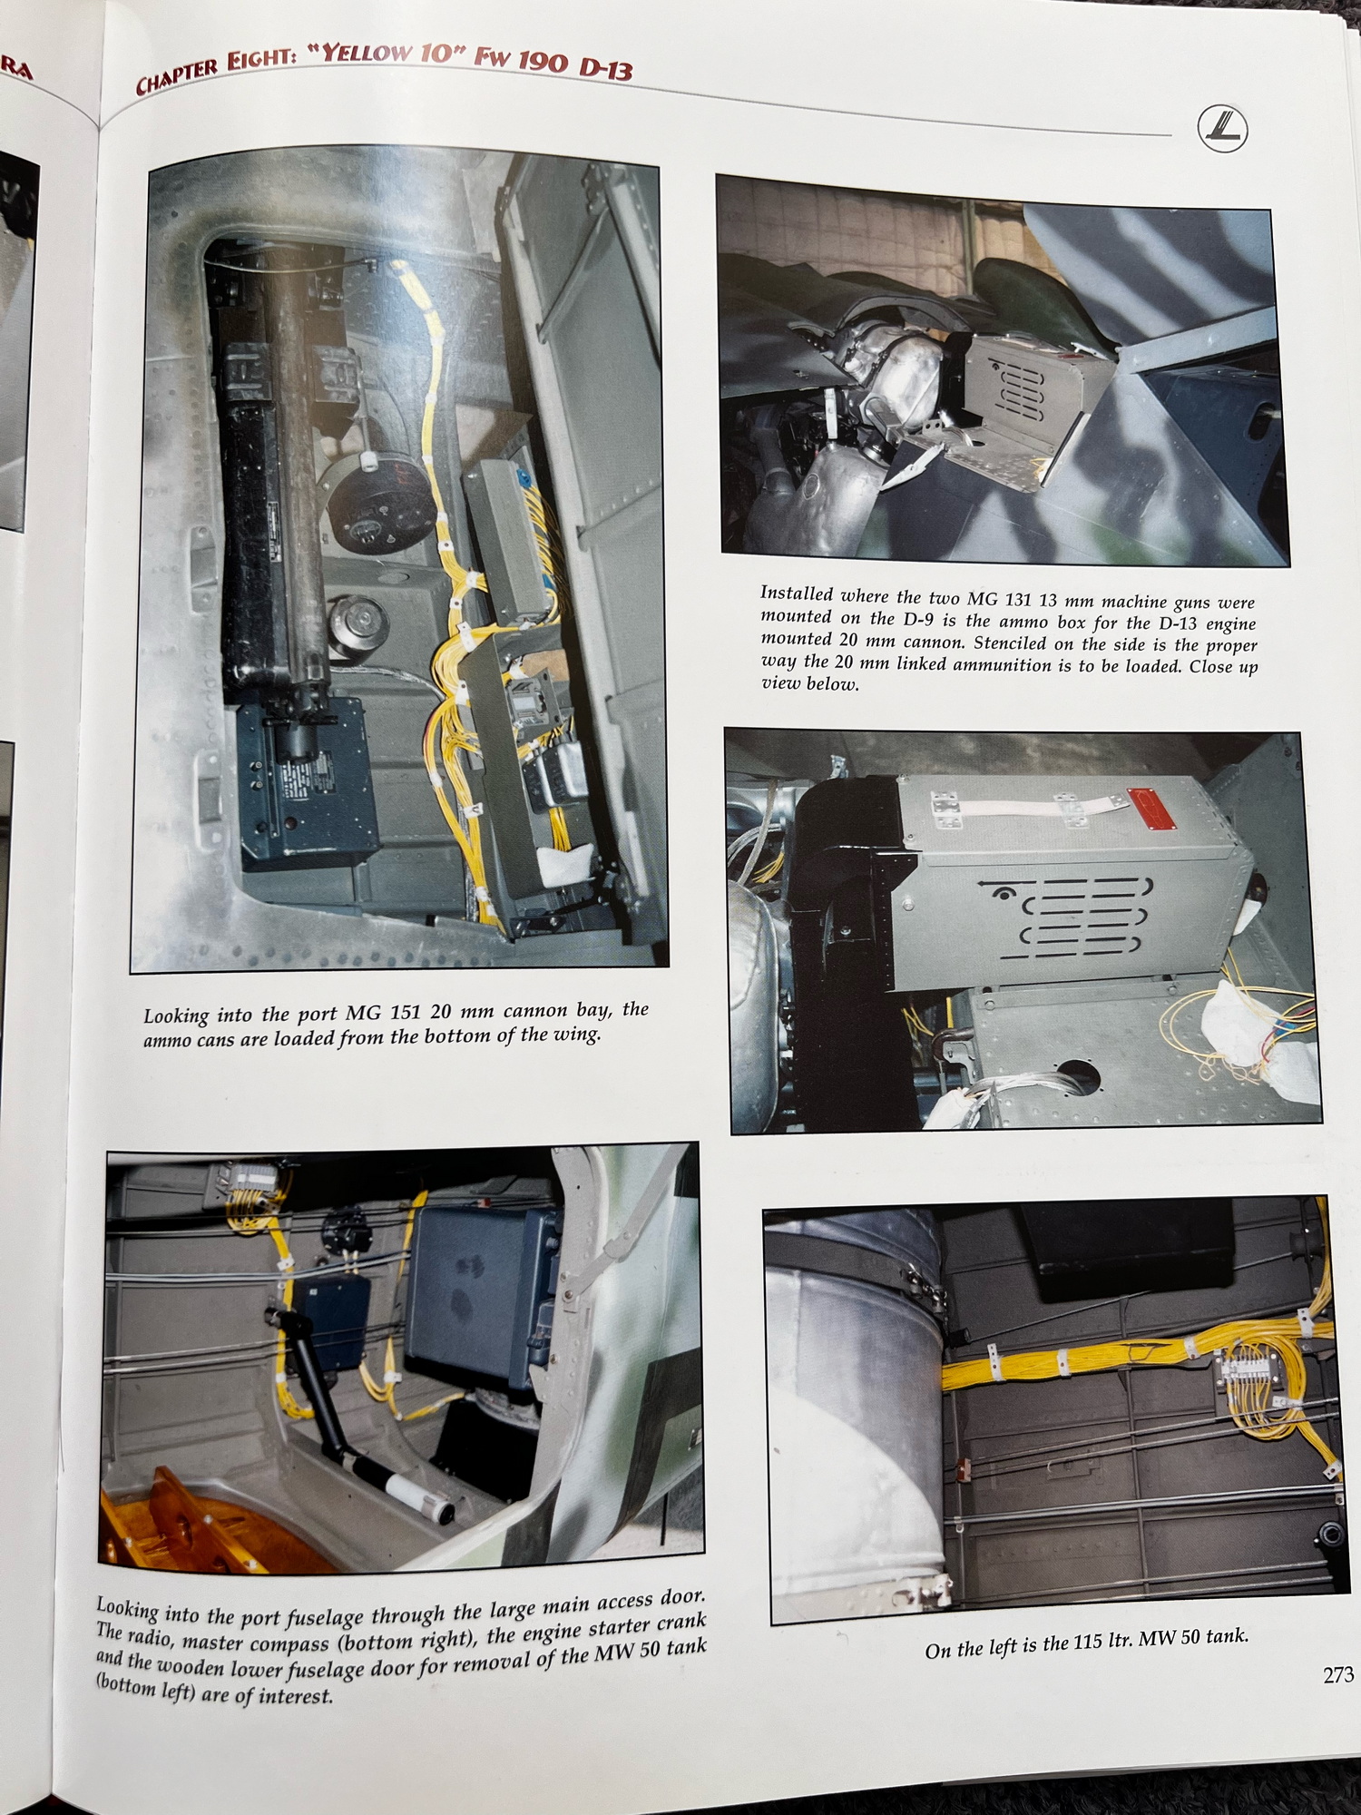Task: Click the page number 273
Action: [x=1338, y=1676]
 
